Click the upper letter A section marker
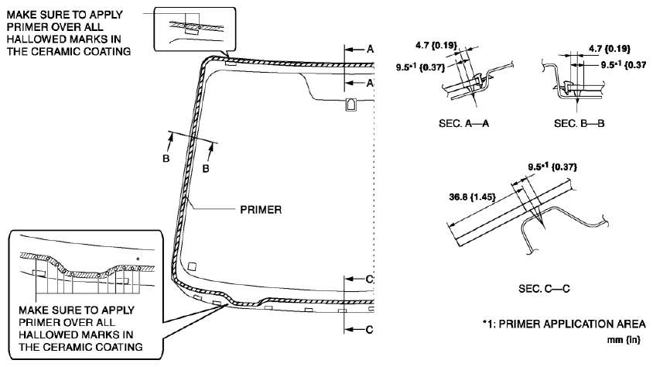(x=370, y=49)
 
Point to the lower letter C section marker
(x=369, y=329)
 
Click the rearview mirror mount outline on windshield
(x=349, y=104)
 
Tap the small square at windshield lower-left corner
(x=193, y=266)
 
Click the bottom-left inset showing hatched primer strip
(x=85, y=261)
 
